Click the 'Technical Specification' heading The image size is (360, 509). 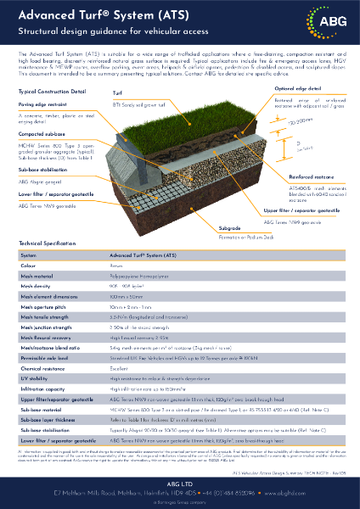pyautogui.click(x=48, y=243)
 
